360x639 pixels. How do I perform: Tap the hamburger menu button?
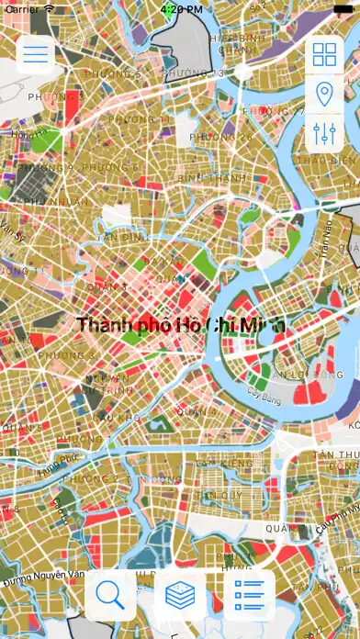tap(36, 53)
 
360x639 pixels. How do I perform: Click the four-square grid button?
tap(324, 54)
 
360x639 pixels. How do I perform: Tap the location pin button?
tap(324, 94)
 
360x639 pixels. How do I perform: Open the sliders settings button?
tap(324, 132)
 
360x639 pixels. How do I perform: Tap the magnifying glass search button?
tap(110, 594)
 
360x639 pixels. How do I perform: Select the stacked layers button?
tap(180, 594)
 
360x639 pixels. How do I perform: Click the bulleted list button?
tap(250, 594)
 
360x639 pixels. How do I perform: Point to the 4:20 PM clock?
tap(180, 8)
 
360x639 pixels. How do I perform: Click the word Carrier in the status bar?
tap(22, 8)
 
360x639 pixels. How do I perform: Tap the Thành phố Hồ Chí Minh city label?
tap(181, 325)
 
